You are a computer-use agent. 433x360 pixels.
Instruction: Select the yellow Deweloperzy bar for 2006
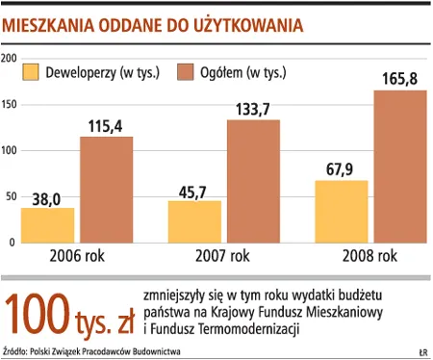[48, 225]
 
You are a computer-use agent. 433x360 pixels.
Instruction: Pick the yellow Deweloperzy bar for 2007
[194, 221]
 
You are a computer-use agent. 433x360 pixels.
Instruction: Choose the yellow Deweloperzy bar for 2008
[341, 211]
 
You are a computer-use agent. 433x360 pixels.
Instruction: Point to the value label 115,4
[106, 126]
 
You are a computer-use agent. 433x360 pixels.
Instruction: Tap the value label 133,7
[253, 109]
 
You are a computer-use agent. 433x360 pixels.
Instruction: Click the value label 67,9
[341, 169]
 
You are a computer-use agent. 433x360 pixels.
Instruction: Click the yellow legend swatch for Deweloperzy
[31, 71]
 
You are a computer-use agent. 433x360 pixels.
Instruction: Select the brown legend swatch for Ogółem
[189, 71]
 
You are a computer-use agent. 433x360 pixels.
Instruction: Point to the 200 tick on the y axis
[10, 60]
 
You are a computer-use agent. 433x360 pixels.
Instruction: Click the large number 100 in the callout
[38, 311]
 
